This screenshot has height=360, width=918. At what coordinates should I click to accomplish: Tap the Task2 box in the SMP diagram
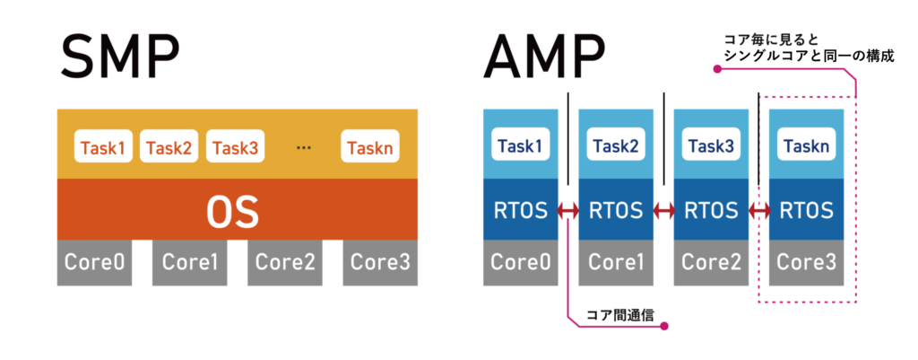[169, 146]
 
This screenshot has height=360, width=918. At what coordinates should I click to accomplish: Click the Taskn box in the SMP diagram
[370, 146]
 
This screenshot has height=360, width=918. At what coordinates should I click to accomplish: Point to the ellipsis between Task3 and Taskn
[303, 146]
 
